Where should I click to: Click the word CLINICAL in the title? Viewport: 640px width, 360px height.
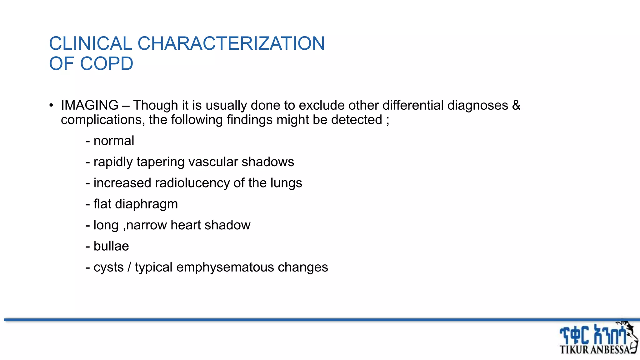click(x=91, y=43)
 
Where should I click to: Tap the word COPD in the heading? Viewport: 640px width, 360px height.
click(x=107, y=64)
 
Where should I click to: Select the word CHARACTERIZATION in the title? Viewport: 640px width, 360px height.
click(x=231, y=43)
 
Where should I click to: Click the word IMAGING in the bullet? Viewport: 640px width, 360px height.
click(x=90, y=105)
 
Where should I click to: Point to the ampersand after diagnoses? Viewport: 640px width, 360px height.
click(x=516, y=105)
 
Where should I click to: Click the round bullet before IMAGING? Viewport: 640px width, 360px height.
click(x=51, y=105)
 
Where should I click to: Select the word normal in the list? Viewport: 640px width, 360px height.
click(x=114, y=141)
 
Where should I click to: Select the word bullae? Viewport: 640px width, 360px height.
click(x=111, y=246)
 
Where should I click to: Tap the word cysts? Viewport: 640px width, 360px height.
click(x=108, y=267)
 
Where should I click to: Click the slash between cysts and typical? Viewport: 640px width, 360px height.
click(x=129, y=267)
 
